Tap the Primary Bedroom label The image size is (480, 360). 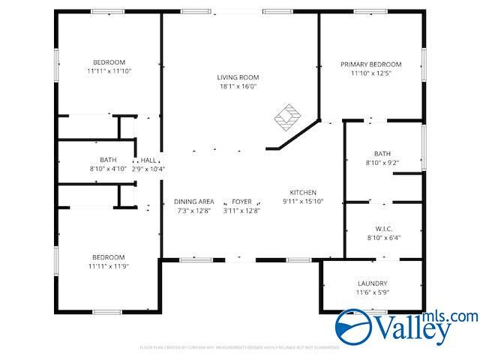pyautogui.click(x=370, y=64)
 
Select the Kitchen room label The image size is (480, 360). pyautogui.click(x=304, y=193)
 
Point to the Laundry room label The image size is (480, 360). pyautogui.click(x=373, y=283)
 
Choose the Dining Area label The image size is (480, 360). pyautogui.click(x=194, y=202)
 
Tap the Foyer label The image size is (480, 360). pyautogui.click(x=241, y=202)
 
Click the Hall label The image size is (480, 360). pyautogui.click(x=148, y=160)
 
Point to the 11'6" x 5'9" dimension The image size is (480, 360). pyautogui.click(x=373, y=292)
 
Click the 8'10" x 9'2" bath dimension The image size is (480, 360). pyautogui.click(x=382, y=163)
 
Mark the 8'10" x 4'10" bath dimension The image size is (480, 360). pyautogui.click(x=108, y=169)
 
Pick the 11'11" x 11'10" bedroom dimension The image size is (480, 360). pyautogui.click(x=109, y=71)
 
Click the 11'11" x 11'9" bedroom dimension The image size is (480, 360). pyautogui.click(x=109, y=266)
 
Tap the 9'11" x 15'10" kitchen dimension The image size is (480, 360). pyautogui.click(x=304, y=202)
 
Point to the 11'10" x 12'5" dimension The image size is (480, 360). pyautogui.click(x=370, y=73)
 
